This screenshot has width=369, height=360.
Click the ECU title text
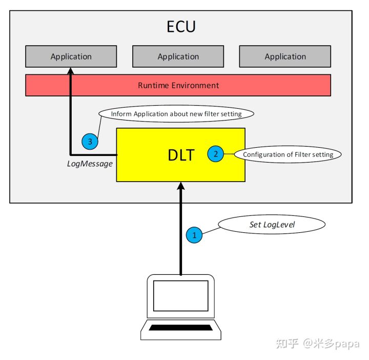click(x=181, y=27)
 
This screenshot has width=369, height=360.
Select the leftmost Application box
click(x=71, y=56)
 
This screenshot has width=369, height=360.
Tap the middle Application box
click(x=178, y=56)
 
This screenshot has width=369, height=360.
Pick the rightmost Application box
click(x=285, y=56)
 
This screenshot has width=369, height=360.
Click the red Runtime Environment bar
click(x=178, y=85)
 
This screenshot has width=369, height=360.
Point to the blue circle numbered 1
click(x=194, y=235)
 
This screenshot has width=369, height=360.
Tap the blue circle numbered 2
click(x=216, y=154)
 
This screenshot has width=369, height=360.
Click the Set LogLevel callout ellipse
click(x=271, y=225)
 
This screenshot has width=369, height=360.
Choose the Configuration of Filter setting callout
click(x=288, y=154)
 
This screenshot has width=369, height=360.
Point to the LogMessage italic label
click(x=90, y=164)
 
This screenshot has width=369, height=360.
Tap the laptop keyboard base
click(x=181, y=328)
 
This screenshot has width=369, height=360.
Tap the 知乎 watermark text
click(x=287, y=344)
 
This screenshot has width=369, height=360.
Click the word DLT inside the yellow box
click(x=181, y=155)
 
